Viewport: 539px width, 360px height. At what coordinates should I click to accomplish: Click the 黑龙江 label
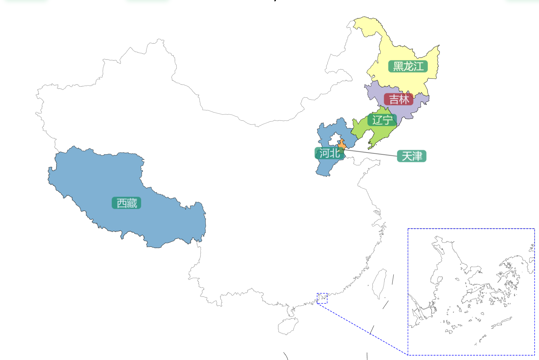[408, 66]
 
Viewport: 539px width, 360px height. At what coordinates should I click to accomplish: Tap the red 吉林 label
[399, 100]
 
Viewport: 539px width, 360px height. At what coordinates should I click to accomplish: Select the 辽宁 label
[382, 120]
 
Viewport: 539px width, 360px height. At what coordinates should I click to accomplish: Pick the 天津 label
[412, 156]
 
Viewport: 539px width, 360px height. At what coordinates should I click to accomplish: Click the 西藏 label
[126, 203]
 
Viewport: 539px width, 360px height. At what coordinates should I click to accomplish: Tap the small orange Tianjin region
[342, 144]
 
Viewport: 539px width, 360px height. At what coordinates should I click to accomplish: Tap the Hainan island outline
[288, 326]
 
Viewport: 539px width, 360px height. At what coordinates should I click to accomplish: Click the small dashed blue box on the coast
[322, 298]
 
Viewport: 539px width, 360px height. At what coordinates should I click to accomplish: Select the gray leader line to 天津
[371, 153]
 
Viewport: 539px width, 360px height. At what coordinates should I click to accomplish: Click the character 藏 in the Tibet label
[132, 203]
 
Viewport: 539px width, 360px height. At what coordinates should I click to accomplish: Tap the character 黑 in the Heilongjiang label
[398, 66]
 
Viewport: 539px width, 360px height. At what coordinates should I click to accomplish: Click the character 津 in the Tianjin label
[417, 156]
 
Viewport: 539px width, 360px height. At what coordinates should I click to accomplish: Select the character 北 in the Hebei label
[335, 153]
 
